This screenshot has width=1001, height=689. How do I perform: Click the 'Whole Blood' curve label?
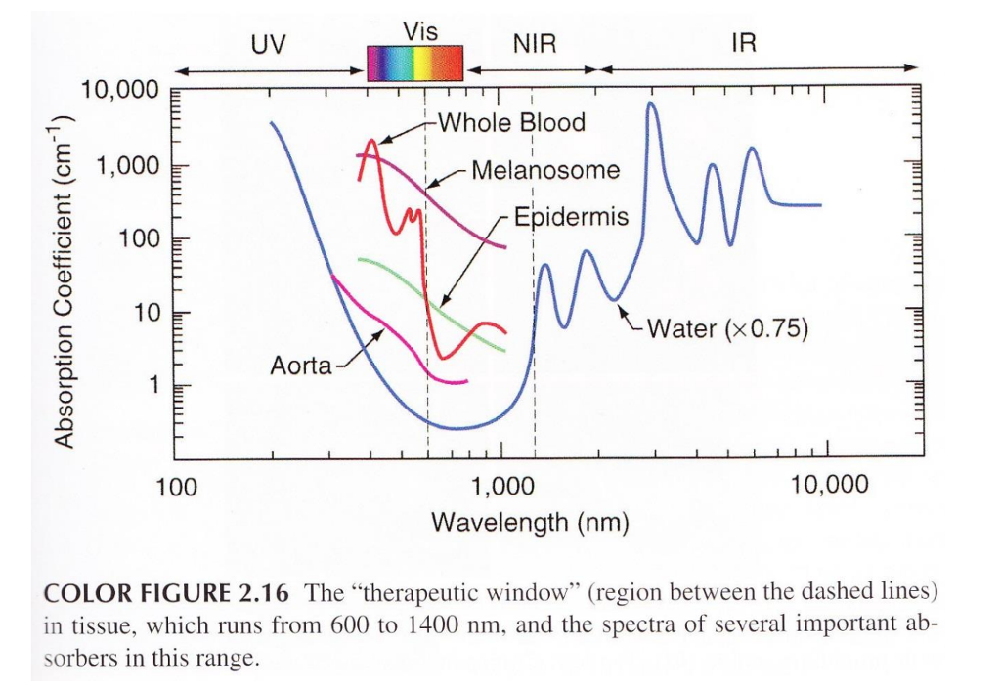(x=511, y=123)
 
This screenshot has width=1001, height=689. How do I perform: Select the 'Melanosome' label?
(x=545, y=170)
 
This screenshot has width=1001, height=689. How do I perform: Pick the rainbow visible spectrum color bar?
(x=413, y=63)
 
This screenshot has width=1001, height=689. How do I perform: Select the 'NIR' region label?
(x=534, y=46)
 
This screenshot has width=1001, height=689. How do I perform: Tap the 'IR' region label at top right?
(x=743, y=45)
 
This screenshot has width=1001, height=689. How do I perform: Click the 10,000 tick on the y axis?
(x=118, y=92)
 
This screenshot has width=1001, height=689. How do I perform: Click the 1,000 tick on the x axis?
(x=501, y=485)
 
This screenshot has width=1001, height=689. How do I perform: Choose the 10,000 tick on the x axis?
(x=829, y=485)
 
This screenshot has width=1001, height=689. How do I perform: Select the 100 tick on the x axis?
(x=177, y=486)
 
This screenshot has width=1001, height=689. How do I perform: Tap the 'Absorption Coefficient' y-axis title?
(x=65, y=280)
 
